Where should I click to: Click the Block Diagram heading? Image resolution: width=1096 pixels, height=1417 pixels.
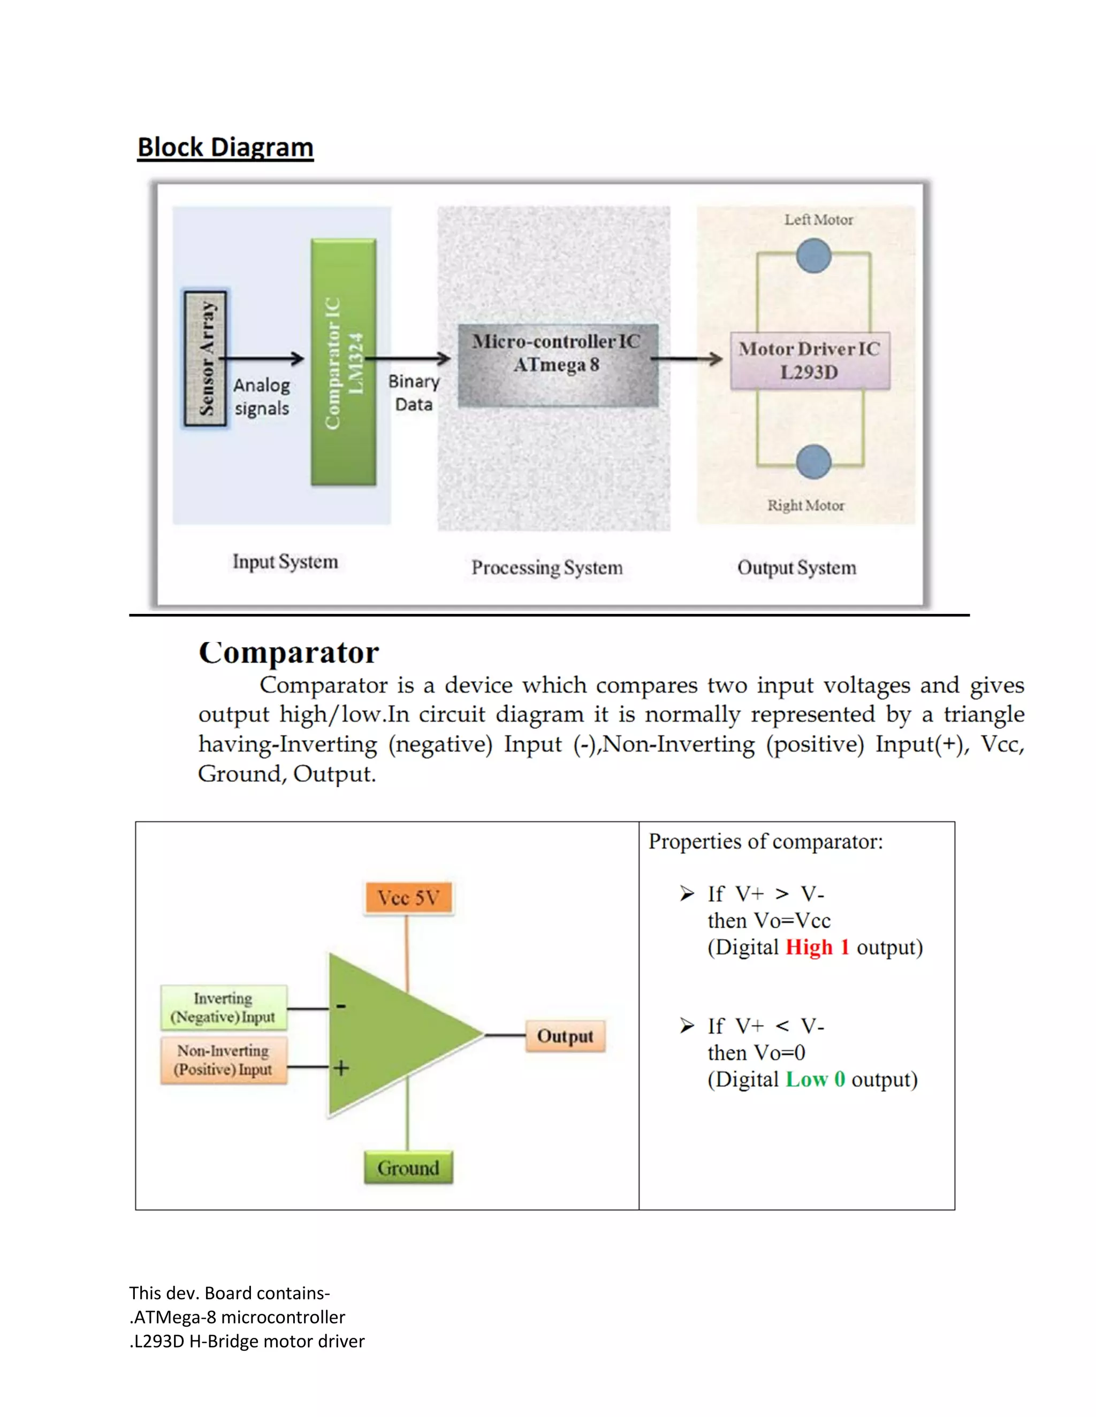pos(225,147)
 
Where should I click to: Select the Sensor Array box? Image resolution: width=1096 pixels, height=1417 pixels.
pos(205,358)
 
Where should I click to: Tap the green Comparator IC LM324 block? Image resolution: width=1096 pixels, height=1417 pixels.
pos(344,362)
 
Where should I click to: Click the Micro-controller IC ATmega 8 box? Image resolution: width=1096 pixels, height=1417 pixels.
pos(557,365)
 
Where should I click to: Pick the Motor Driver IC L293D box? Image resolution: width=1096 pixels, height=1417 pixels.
pos(809,361)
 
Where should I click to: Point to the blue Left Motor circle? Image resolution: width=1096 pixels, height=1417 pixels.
pos(813,255)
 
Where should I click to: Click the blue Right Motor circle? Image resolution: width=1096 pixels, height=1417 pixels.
pos(813,462)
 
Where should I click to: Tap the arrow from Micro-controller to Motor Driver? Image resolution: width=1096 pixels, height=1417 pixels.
pos(687,359)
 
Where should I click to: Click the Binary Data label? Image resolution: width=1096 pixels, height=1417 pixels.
pos(414,392)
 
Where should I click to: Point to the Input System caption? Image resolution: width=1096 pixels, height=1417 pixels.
pos(285,562)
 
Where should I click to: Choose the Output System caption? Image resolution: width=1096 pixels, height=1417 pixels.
pos(797,568)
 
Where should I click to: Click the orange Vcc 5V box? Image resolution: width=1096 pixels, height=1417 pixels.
pos(408,898)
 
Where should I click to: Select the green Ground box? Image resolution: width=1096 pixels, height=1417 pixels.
pos(408,1168)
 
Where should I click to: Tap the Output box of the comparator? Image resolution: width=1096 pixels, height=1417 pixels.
pos(565,1036)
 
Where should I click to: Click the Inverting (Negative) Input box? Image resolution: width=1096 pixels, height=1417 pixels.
pos(223,1007)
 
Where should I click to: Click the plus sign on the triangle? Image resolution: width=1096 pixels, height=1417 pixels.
pos(341,1068)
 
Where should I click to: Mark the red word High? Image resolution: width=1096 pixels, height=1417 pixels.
pos(809,948)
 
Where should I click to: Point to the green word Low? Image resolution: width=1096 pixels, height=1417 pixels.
pos(806,1080)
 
